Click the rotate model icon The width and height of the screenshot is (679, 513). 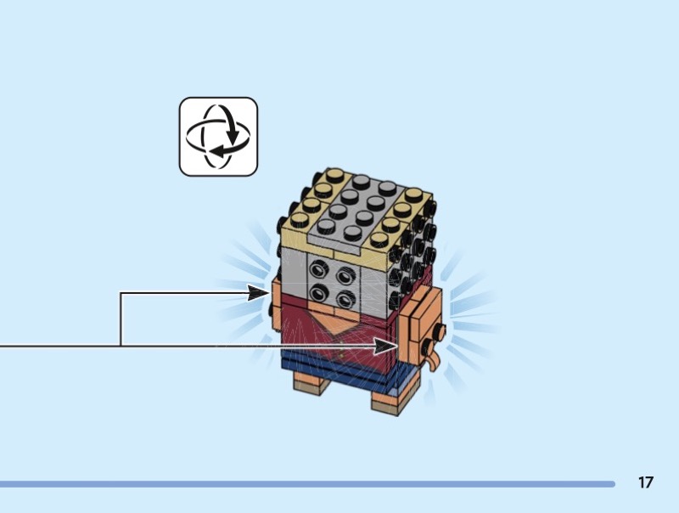[218, 137]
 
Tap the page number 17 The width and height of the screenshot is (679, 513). [646, 482]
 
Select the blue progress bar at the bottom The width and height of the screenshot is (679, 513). [306, 484]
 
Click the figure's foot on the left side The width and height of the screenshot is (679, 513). [311, 383]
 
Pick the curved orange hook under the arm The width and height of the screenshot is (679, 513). [435, 362]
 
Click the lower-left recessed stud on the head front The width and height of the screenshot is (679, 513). [320, 293]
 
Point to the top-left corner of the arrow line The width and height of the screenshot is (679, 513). [121, 293]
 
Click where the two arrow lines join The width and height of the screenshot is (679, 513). [121, 347]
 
